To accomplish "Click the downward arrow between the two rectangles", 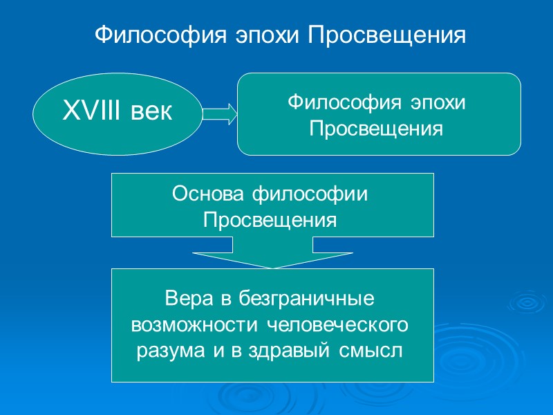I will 272,254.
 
